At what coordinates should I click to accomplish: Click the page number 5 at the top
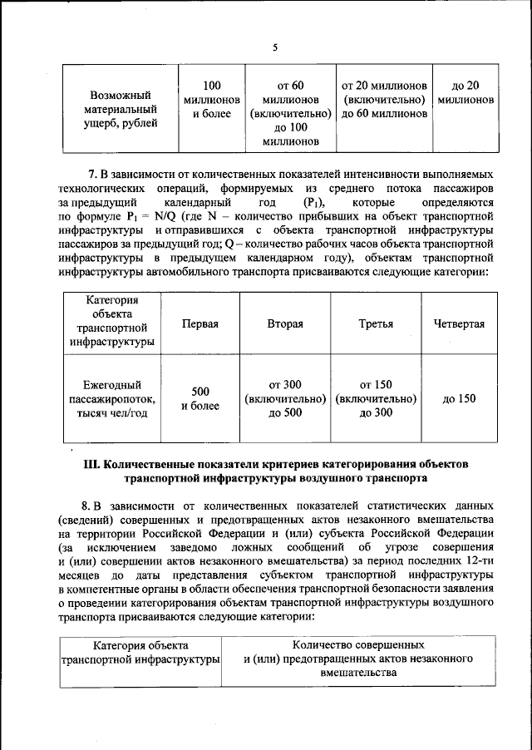274,47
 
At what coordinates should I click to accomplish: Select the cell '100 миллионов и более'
211,100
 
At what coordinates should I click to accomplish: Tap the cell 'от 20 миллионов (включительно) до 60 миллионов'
384,100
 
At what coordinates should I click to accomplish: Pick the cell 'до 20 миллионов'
465,92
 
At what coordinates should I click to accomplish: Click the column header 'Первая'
199,323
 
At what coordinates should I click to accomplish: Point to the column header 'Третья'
377,323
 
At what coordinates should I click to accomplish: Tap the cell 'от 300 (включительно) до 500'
285,398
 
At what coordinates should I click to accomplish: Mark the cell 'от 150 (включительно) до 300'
377,398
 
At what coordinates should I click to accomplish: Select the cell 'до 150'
459,398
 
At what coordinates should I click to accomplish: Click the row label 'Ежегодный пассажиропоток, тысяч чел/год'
111,398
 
